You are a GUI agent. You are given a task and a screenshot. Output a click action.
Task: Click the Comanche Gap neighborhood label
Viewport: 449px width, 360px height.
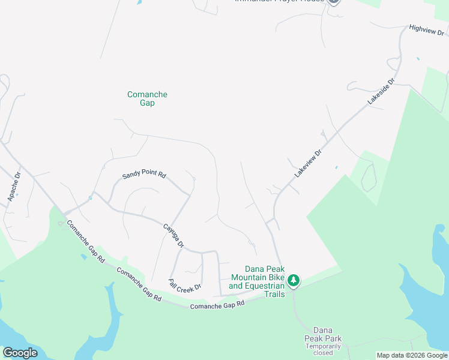[x=147, y=98]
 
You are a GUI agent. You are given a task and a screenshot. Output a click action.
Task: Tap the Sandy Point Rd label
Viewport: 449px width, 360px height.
[x=144, y=175]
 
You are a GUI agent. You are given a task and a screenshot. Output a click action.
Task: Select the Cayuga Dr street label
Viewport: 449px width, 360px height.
[x=173, y=236]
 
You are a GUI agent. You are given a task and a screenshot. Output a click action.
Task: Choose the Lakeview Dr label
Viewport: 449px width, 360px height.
[x=308, y=163]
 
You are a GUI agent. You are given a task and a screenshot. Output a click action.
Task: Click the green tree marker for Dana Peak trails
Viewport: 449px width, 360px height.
[x=294, y=280]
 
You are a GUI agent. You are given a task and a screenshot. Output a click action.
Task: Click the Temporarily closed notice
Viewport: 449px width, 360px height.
[x=322, y=349]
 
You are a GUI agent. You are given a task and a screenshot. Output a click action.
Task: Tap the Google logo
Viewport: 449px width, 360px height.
[x=20, y=353]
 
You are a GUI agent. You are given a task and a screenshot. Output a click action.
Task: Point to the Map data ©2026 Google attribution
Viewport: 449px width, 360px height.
[x=411, y=355]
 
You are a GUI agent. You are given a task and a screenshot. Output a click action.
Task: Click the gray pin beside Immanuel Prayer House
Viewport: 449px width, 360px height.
[x=334, y=2]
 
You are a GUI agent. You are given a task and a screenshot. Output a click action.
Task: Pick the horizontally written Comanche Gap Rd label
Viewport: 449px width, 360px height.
[x=217, y=305]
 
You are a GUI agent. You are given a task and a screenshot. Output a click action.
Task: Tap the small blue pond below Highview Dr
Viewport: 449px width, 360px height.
[x=418, y=59]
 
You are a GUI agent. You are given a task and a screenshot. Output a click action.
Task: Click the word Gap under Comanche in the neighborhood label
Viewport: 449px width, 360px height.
[x=147, y=103]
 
